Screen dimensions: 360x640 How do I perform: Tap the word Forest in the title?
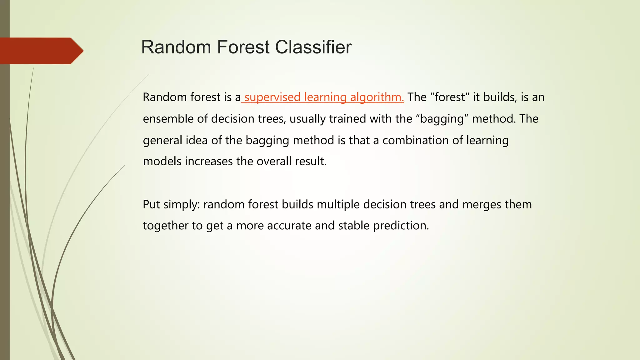tap(243, 47)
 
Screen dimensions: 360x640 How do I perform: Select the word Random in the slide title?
tap(176, 47)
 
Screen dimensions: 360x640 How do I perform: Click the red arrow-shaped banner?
tap(41, 51)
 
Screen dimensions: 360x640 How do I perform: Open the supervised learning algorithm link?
tap(324, 97)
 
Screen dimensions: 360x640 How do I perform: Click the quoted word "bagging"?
tap(442, 119)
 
